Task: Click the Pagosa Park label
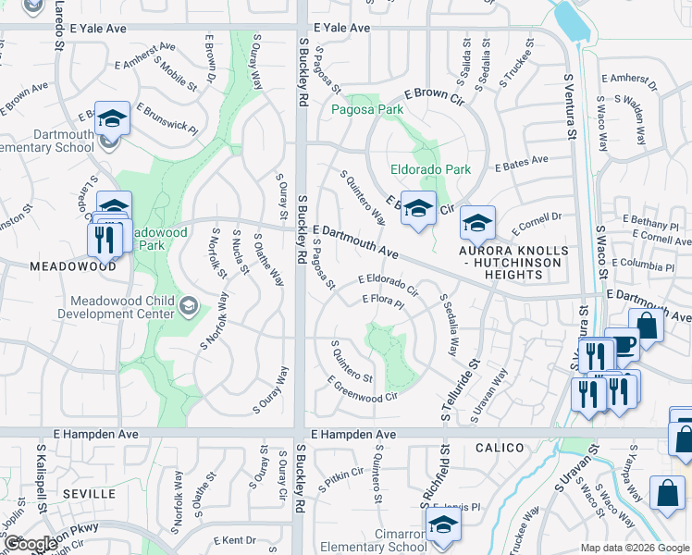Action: [x=367, y=109]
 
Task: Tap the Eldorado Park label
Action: [x=430, y=169]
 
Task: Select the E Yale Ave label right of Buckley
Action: [x=341, y=29]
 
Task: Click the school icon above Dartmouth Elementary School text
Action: [x=112, y=118]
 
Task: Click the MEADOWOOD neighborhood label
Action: [x=58, y=265]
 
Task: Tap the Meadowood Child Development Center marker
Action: [x=189, y=305]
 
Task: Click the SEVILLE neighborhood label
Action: [x=89, y=494]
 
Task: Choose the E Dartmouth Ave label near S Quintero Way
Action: [x=356, y=241]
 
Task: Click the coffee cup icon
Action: [x=622, y=344]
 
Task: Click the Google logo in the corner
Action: [x=31, y=544]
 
